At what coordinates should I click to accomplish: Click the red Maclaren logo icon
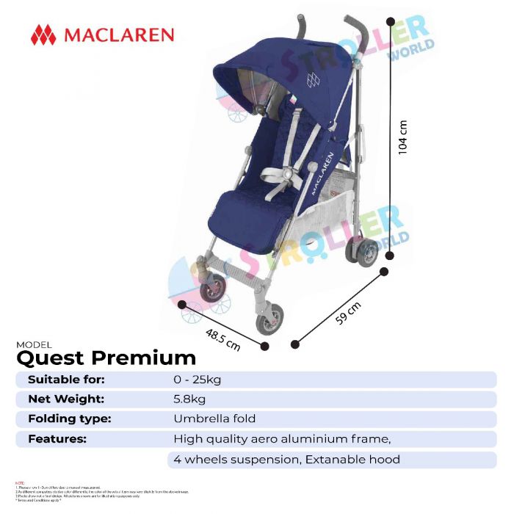pyautogui.click(x=43, y=35)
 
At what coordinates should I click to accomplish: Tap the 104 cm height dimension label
pyautogui.click(x=402, y=137)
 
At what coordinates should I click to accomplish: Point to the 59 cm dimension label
pyautogui.click(x=350, y=316)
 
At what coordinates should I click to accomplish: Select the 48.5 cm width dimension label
pyautogui.click(x=223, y=338)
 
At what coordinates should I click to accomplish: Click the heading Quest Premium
pyautogui.click(x=106, y=358)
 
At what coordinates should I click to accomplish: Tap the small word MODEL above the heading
pyautogui.click(x=34, y=344)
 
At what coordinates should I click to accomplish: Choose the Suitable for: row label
pyautogui.click(x=66, y=380)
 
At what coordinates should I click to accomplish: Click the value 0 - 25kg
pyautogui.click(x=198, y=380)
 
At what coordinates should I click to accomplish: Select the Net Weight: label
pyautogui.click(x=66, y=399)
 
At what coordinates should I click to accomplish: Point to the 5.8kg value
pyautogui.click(x=189, y=399)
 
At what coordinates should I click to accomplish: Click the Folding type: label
pyautogui.click(x=69, y=419)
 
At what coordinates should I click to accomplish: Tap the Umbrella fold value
pyautogui.click(x=214, y=419)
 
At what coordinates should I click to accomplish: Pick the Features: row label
pyautogui.click(x=57, y=439)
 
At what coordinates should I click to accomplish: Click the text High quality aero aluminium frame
pyautogui.click(x=282, y=439)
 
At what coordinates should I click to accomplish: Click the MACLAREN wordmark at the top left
pyautogui.click(x=119, y=35)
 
